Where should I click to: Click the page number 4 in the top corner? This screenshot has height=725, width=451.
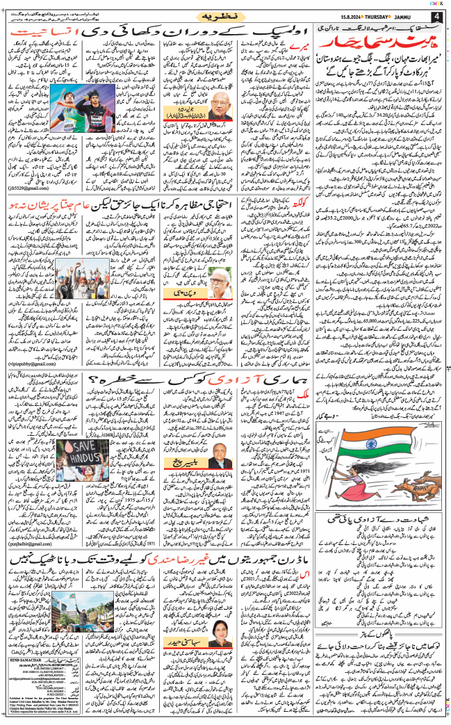pos(435,17)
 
